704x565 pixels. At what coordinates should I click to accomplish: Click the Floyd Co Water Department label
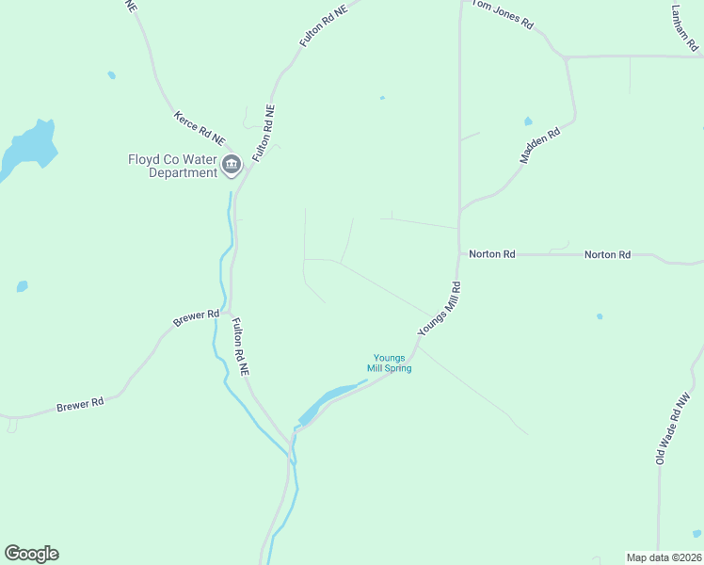click(172, 166)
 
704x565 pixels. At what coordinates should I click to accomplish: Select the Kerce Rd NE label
click(200, 127)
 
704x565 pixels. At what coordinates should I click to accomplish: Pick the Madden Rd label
click(540, 146)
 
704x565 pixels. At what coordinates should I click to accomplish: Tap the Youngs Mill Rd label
click(440, 308)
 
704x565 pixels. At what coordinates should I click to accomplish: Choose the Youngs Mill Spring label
click(389, 363)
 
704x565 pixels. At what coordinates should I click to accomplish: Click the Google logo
click(31, 554)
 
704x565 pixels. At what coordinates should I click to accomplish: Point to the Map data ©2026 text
click(664, 557)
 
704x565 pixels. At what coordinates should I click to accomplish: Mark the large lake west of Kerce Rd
click(28, 146)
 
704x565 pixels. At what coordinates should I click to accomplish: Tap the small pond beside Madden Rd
click(527, 121)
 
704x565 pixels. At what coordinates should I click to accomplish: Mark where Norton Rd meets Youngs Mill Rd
click(458, 253)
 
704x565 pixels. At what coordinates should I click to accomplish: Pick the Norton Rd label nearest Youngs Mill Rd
click(492, 254)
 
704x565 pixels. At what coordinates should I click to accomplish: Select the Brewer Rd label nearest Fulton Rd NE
click(196, 319)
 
